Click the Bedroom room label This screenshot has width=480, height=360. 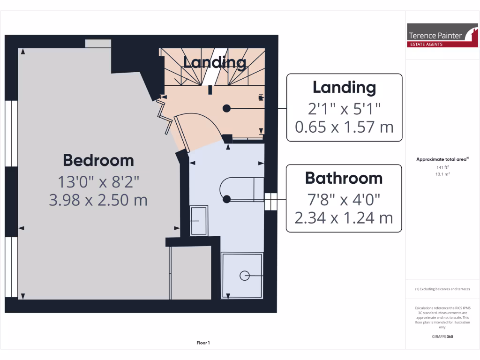coord(98,160)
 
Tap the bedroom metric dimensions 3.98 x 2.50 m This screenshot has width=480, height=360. coord(98,200)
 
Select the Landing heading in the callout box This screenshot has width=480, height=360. coord(344,88)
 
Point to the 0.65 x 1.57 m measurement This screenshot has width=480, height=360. coord(344,127)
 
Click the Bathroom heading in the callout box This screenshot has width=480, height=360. coord(344,178)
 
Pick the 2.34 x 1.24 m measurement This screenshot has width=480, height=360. coord(344,217)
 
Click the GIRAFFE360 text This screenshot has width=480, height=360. coord(442,337)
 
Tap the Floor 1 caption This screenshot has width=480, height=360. coord(203,343)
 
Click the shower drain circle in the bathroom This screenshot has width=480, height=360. coord(245,276)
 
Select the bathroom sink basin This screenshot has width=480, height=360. coord(199,220)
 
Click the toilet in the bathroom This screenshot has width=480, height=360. coord(237,189)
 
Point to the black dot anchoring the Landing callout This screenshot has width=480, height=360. coord(227,108)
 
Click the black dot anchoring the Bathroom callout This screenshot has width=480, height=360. coord(227,199)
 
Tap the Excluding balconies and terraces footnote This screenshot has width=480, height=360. coord(442,289)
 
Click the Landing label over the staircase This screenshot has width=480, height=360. coord(214,62)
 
